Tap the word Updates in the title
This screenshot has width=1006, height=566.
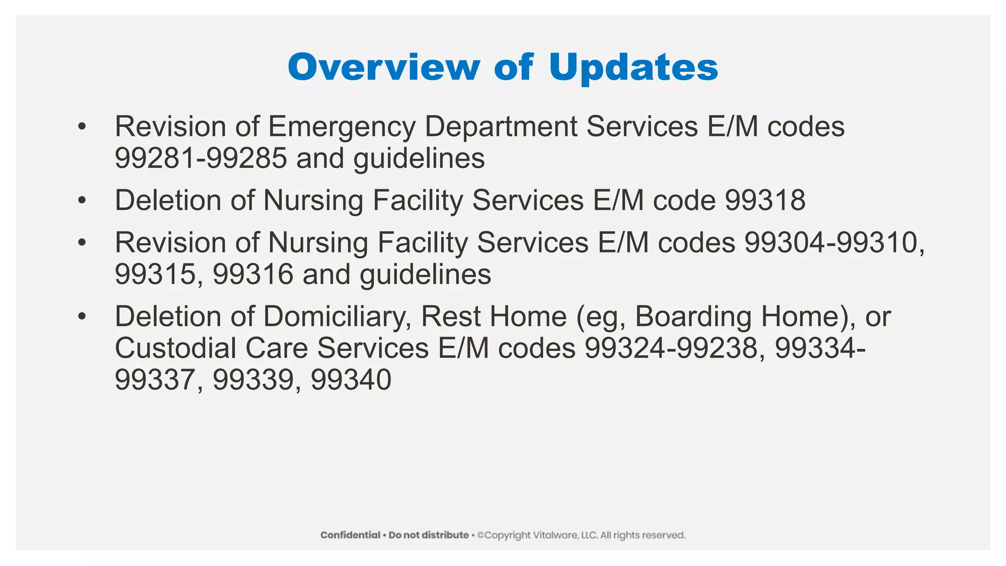[x=633, y=68]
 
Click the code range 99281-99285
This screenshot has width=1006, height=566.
[x=201, y=158]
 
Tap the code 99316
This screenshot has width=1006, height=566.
[x=253, y=274]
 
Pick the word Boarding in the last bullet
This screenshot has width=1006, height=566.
[x=693, y=316]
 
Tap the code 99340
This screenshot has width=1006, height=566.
[x=351, y=379]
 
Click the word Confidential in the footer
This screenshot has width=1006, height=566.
[x=350, y=535]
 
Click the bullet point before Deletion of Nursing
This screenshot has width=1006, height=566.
[x=82, y=200]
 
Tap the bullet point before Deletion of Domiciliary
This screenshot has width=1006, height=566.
[x=82, y=316]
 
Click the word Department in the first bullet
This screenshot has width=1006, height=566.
[x=501, y=127]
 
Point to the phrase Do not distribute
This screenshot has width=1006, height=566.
[x=428, y=535]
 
